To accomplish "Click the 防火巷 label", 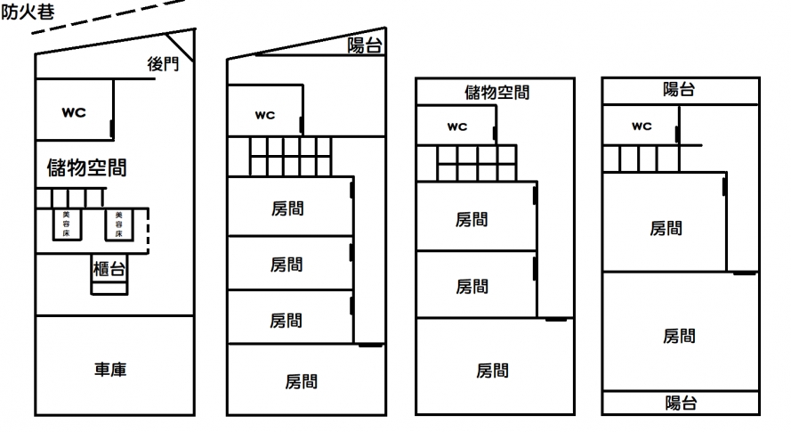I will (x=26, y=12).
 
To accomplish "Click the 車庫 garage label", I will (x=111, y=369).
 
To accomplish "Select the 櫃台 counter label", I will (x=109, y=267).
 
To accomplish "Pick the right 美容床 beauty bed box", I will (x=117, y=224).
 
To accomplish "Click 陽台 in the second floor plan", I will (x=365, y=46).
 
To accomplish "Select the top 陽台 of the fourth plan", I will (x=680, y=89).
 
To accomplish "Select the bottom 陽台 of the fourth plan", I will (x=681, y=403).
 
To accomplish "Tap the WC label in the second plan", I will (x=265, y=115).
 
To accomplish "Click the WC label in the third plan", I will (x=456, y=126).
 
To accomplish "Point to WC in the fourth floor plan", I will (x=642, y=126).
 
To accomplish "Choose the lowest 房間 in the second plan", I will (x=302, y=381).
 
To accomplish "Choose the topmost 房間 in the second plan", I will (x=287, y=209).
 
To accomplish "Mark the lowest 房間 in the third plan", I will (x=492, y=370).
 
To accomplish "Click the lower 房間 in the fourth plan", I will (x=679, y=336).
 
